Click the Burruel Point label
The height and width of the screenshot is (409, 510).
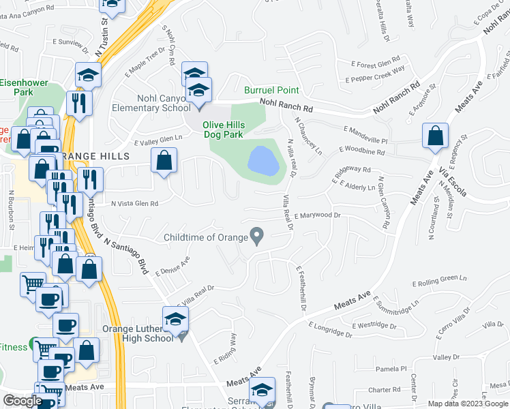coord(272,90)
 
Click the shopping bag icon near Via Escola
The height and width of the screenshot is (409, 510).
coord(435,136)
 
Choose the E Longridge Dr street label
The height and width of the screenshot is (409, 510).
coord(330,331)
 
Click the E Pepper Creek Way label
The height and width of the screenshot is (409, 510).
coord(376,74)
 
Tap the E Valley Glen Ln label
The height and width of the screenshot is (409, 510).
coord(159,140)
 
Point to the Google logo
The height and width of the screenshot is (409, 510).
coord(22,401)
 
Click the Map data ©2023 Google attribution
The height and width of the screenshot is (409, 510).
coord(468,404)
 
